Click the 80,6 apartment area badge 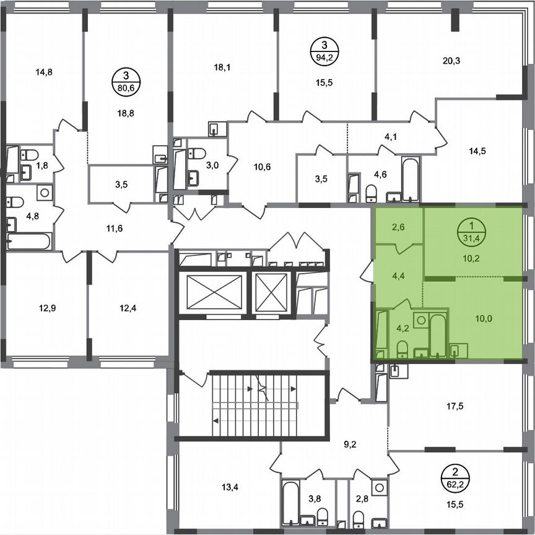pyautogui.click(x=126, y=81)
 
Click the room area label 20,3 pyautogui.click(x=452, y=61)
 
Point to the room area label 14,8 pyautogui.click(x=44, y=72)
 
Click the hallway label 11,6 pyautogui.click(x=115, y=228)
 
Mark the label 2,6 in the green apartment pyautogui.click(x=398, y=227)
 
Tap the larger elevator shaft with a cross pyautogui.click(x=213, y=292)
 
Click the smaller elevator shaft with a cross pyautogui.click(x=272, y=291)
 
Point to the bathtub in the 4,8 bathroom pyautogui.click(x=28, y=241)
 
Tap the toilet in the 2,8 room pyautogui.click(x=359, y=515)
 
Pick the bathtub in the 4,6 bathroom pyautogui.click(x=411, y=180)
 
